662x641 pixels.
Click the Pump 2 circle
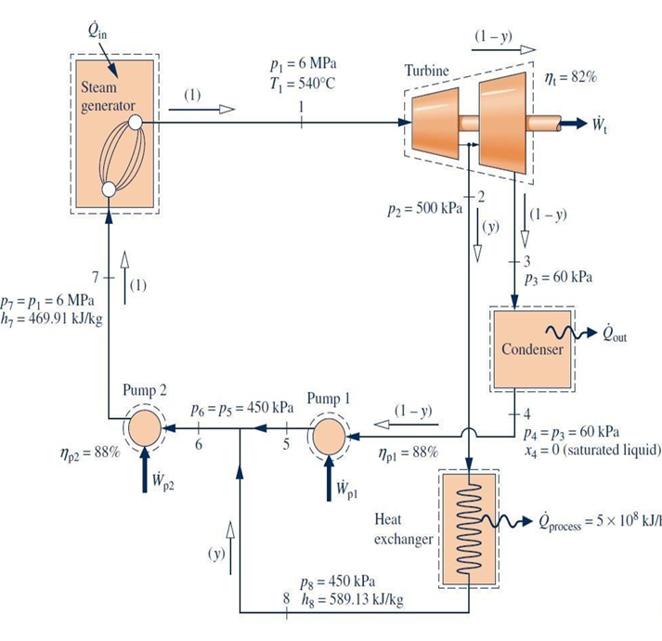pyautogui.click(x=145, y=430)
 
